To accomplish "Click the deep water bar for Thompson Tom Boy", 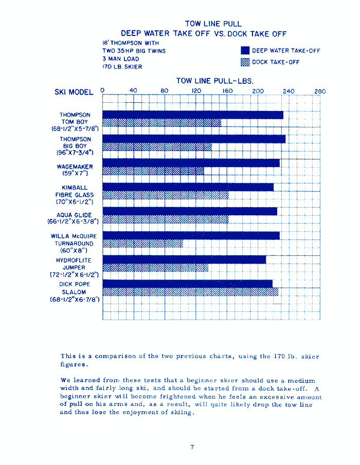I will click(x=193, y=115).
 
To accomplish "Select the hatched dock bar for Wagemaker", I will click(x=153, y=171).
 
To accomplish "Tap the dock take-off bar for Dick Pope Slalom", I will click(x=190, y=292).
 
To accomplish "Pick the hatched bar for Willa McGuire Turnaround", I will click(x=143, y=244).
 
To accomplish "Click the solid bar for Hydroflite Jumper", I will click(x=184, y=259).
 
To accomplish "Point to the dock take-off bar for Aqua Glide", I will click(x=166, y=219).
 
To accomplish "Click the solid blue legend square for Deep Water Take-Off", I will click(x=245, y=51).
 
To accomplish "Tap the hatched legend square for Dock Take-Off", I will click(x=245, y=62).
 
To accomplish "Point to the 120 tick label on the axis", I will click(x=196, y=91).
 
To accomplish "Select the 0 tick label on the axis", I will click(x=103, y=90).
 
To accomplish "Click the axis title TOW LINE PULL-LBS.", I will click(x=214, y=81).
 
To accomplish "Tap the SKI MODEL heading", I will click(x=74, y=92).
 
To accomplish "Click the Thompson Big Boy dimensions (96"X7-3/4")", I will click(x=75, y=152).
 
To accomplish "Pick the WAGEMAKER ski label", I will click(x=75, y=167).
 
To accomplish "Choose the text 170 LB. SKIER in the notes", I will click(x=122, y=67).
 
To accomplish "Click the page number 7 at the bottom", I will click(x=192, y=447).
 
